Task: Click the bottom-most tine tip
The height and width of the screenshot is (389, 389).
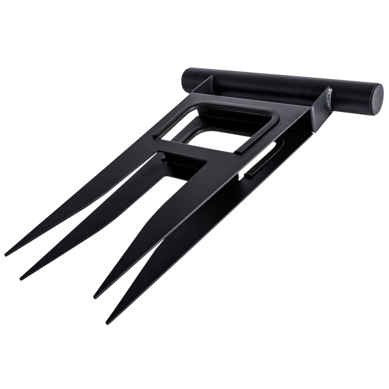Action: pyautogui.click(x=108, y=322)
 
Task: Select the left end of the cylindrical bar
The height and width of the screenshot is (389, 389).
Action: pyautogui.click(x=187, y=79)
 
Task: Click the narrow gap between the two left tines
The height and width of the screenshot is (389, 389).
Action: pyautogui.click(x=73, y=229)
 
